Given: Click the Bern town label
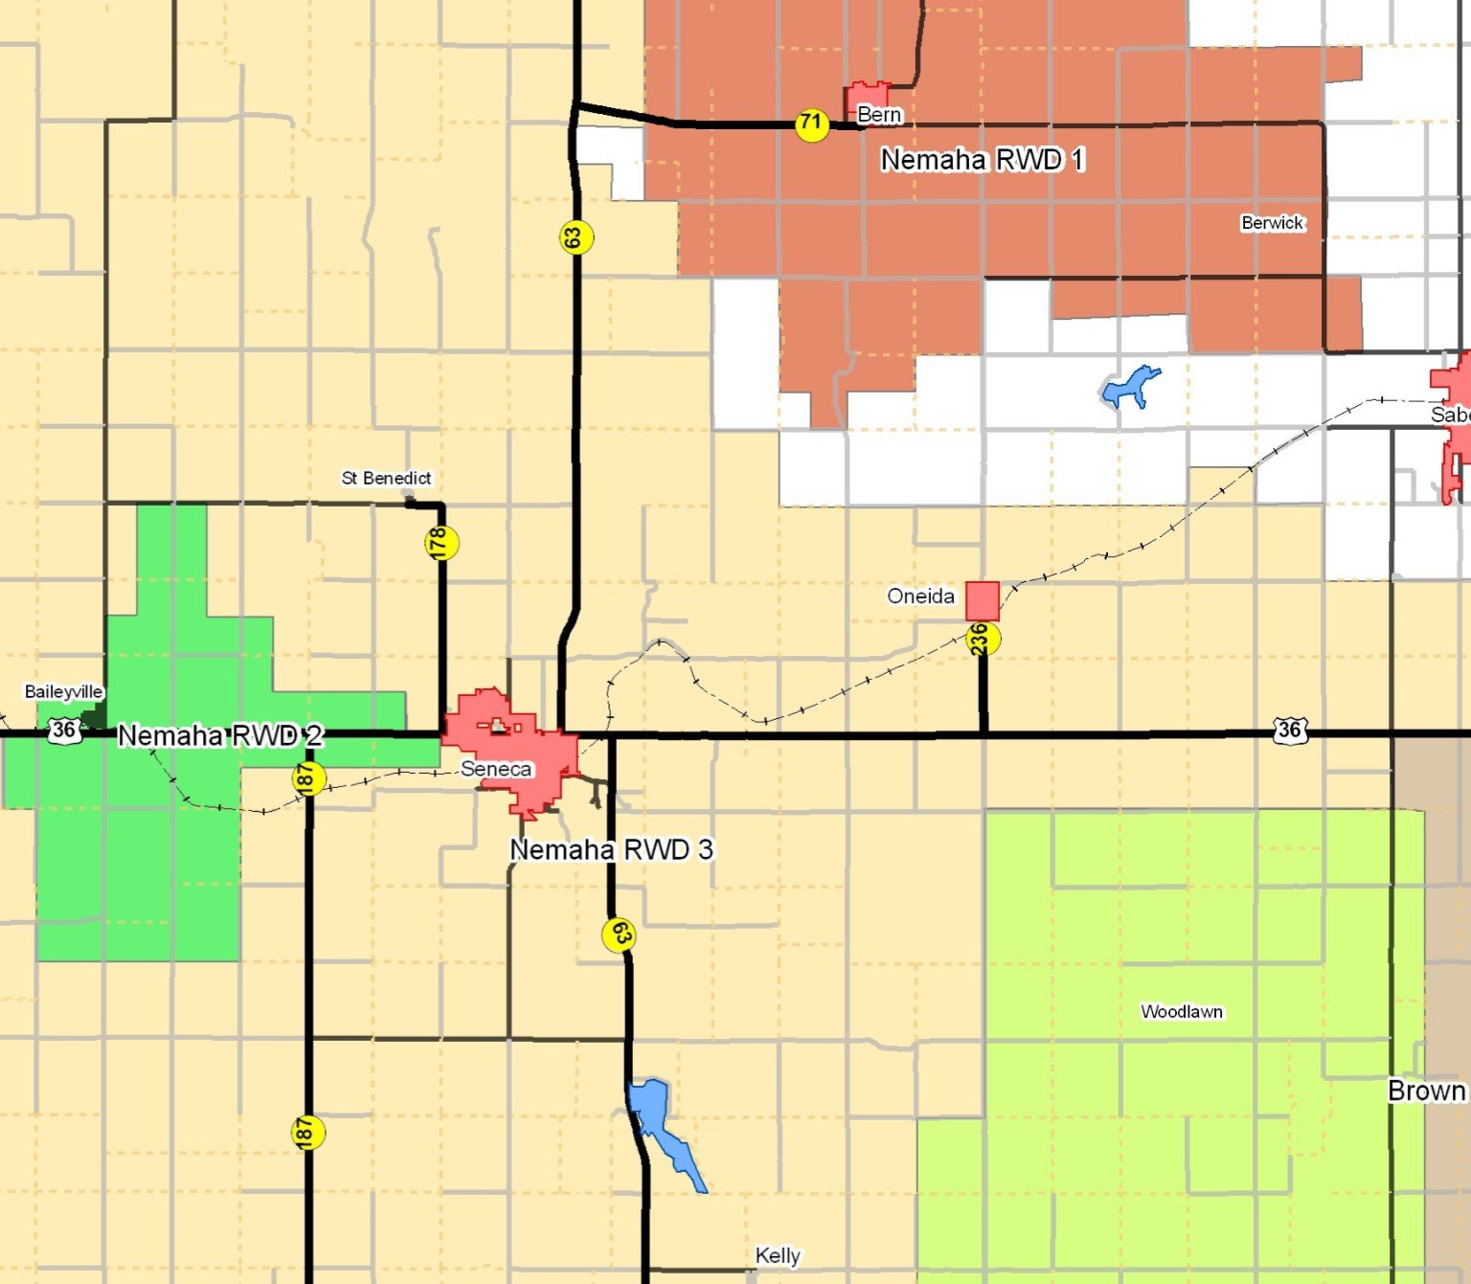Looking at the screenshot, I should pos(878,115).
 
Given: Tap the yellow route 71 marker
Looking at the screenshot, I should pos(811,124).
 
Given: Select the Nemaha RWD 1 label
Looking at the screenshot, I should pos(983,160).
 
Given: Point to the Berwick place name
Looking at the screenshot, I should pos(1272,223).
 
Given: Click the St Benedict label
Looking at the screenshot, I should pos(386,478).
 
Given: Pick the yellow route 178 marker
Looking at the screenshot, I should pos(441,543).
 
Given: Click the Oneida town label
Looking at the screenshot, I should pos(920,597).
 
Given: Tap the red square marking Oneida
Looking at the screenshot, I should pos(982,600).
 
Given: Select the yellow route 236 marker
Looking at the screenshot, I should pos(982,639).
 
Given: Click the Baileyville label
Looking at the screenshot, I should pos(63,691).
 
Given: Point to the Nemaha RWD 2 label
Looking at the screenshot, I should pos(220,735).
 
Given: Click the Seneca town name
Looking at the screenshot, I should pos(495,769).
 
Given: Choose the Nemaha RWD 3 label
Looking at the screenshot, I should pos(611,849).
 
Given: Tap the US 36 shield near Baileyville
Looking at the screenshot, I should pos(63,730).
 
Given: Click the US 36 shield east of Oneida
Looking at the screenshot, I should pos(1289,730).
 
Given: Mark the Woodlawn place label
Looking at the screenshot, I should pos(1181,1012).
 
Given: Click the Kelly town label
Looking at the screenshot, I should pos(777,1255).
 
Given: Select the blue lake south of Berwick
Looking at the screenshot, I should pos(1129,387).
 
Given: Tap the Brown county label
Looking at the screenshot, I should pos(1426,1091).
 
